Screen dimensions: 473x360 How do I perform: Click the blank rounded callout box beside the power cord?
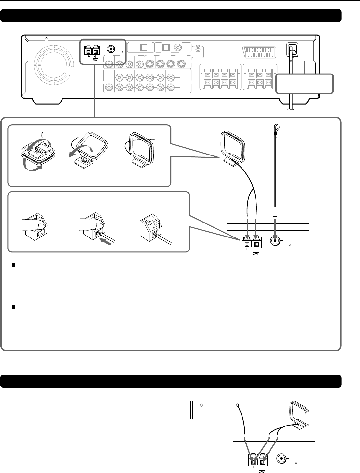pos(304,84)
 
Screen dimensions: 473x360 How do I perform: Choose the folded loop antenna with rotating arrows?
pos(33,152)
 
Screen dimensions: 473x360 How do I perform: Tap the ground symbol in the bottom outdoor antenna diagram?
pos(262,470)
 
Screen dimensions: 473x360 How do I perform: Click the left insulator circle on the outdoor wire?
pos(201,405)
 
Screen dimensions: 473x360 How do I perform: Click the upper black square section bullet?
pos(14,265)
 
